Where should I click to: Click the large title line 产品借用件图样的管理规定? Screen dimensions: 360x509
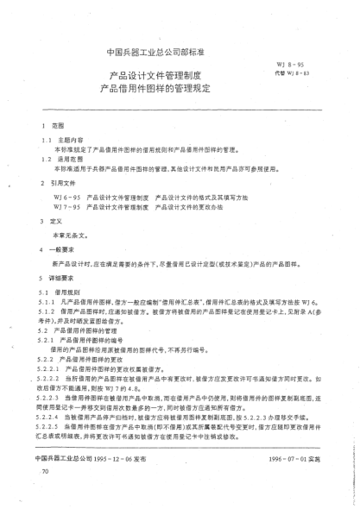tap(155, 89)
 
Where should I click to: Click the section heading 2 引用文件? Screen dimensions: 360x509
tap(67, 184)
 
